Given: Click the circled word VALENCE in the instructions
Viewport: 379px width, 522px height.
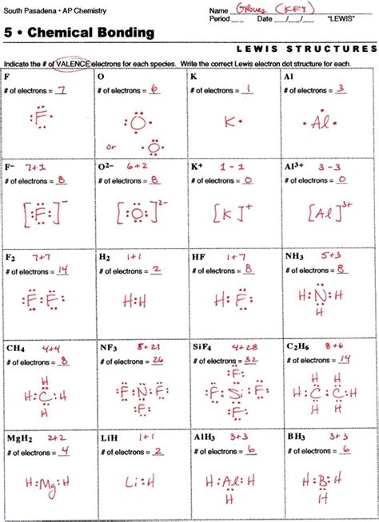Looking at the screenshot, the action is pos(76,62).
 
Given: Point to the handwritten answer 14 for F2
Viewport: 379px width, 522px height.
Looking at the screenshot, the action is pos(62,270).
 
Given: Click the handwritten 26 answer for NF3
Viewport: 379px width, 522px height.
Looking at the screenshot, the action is pos(157,359).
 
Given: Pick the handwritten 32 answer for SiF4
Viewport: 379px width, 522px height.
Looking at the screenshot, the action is pos(251,359).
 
